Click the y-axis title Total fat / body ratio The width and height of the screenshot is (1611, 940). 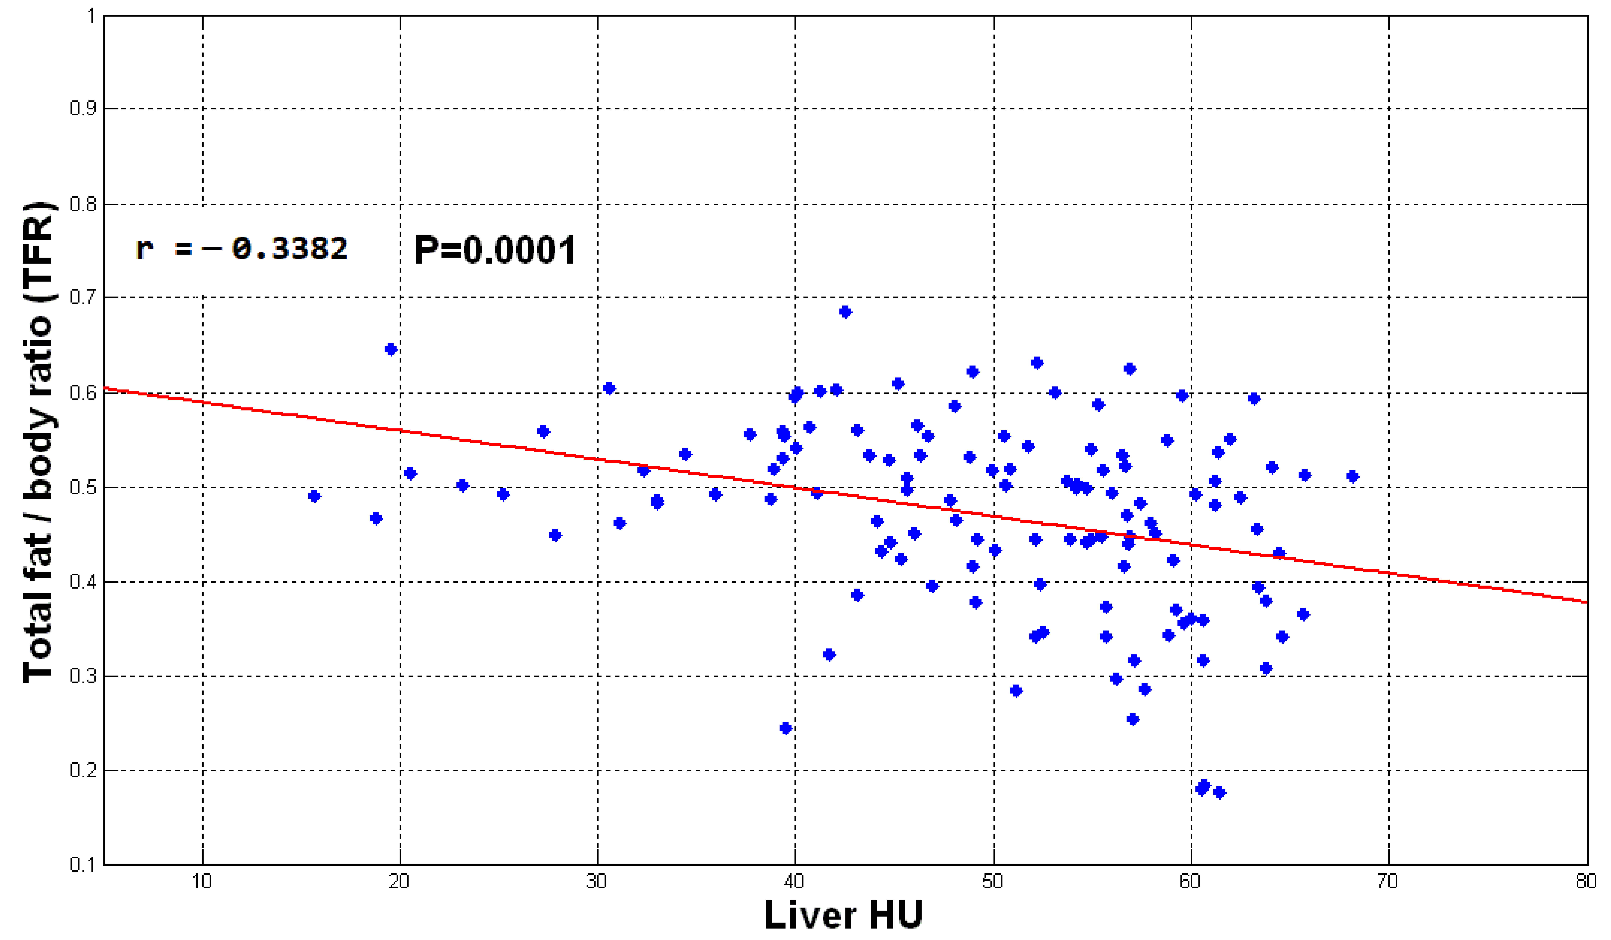pos(38,441)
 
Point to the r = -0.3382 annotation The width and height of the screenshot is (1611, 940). pos(242,248)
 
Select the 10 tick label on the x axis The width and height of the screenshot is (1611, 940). pos(202,882)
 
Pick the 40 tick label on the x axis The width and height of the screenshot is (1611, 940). pos(794,882)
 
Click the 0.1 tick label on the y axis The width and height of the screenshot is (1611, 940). pos(83,865)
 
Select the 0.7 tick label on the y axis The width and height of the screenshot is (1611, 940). pos(83,297)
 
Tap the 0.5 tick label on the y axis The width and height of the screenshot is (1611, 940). pos(83,487)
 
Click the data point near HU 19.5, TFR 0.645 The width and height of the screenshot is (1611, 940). pos(391,349)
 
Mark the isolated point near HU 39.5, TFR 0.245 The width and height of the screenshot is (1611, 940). pos(786,728)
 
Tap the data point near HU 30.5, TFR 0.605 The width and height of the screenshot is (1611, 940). pos(609,388)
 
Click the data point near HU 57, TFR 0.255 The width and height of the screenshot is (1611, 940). pos(1132,719)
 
